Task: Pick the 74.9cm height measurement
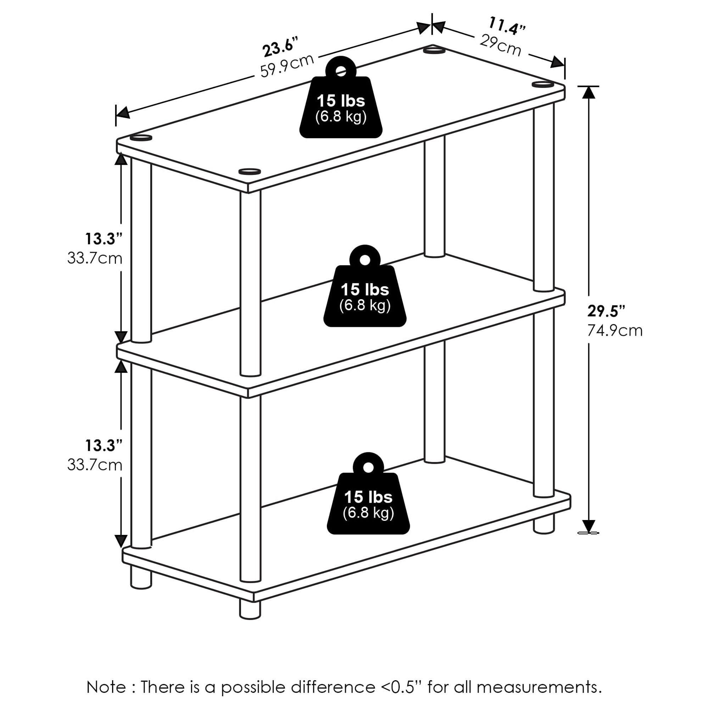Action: (615, 331)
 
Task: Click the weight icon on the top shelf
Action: (341, 97)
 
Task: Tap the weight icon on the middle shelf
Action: (365, 286)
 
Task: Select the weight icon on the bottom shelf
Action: (368, 493)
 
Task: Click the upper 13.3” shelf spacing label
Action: (104, 239)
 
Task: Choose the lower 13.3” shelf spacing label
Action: (104, 446)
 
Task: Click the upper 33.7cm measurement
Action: (95, 258)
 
